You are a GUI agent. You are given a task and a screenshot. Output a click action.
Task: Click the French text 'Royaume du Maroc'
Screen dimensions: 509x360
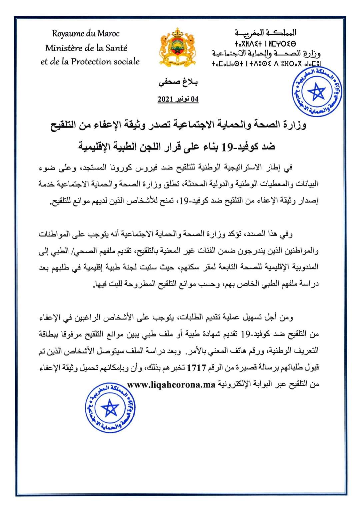86,33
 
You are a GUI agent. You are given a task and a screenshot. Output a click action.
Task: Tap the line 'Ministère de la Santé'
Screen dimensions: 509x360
86,48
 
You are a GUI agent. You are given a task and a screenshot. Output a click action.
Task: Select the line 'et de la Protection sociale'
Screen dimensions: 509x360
90,62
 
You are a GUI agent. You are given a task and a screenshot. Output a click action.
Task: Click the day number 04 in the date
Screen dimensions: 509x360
194,99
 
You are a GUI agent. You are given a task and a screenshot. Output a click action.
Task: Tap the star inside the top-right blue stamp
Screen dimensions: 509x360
316,91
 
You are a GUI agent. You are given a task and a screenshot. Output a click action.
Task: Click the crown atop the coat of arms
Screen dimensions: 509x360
177,32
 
